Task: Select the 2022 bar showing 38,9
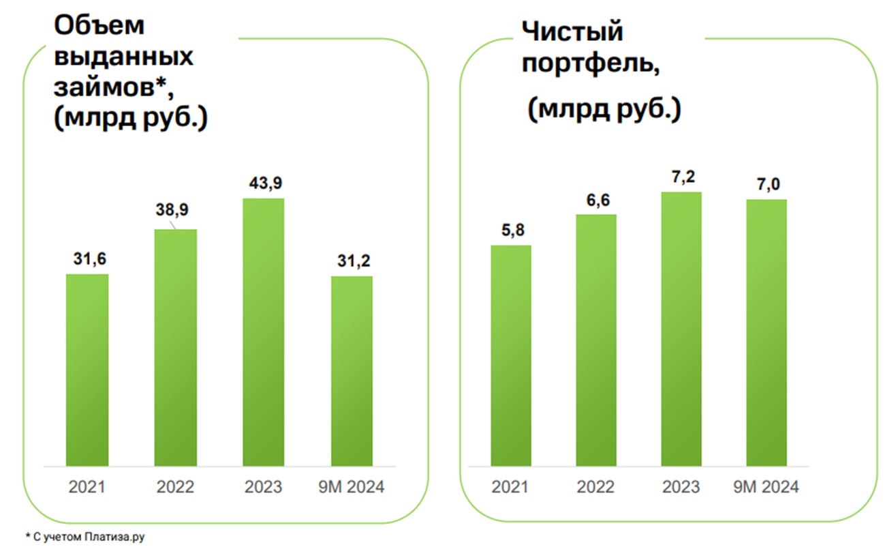[x=176, y=348]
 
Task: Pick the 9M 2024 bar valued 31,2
[x=352, y=371]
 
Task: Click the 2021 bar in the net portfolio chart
[x=511, y=355]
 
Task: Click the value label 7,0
[x=766, y=185]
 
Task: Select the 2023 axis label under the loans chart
[x=264, y=488]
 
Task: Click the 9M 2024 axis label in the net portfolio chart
[x=766, y=488]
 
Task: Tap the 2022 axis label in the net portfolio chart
[x=596, y=488]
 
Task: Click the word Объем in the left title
[x=99, y=25]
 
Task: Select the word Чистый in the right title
[x=572, y=31]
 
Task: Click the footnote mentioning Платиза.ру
[x=85, y=537]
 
